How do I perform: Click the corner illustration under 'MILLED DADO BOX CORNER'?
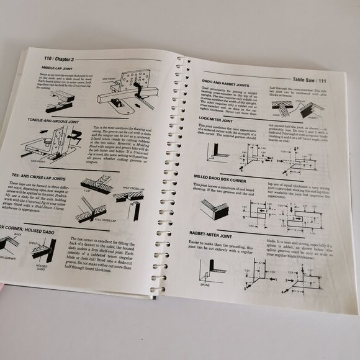coord(215,210)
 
